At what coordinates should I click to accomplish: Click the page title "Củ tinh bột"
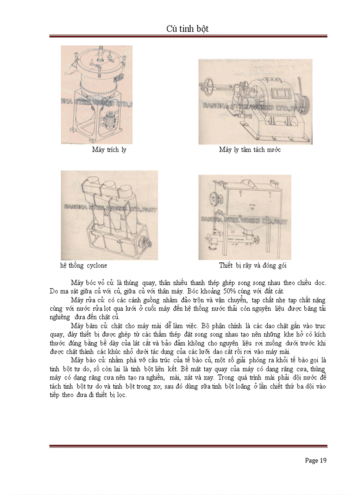(187, 29)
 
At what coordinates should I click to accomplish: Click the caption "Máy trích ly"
(109, 150)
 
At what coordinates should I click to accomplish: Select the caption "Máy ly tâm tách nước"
(250, 150)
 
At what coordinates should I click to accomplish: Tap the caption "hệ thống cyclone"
(84, 266)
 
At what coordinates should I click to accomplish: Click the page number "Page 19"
(315, 461)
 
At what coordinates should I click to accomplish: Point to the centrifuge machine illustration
(255, 101)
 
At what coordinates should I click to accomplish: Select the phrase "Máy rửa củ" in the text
(86, 300)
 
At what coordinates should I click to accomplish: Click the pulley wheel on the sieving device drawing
(205, 198)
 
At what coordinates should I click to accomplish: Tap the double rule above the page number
(188, 446)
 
